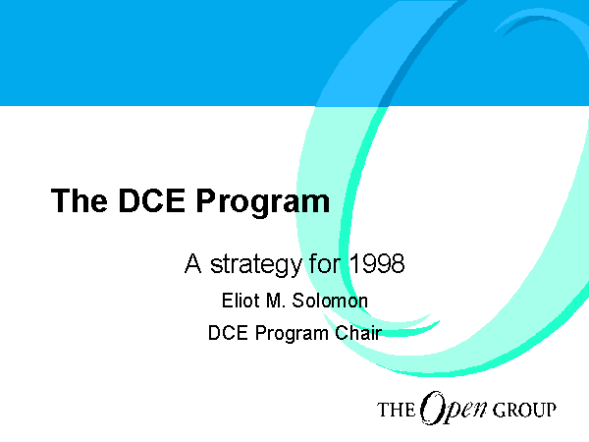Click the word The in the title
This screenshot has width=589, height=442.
pos(80,200)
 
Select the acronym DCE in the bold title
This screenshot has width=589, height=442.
pos(152,200)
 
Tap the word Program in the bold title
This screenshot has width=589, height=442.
pos(263,203)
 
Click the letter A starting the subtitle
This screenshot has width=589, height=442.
pos(192,263)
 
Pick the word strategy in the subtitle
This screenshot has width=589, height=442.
pos(255,265)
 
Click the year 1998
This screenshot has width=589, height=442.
pos(377,263)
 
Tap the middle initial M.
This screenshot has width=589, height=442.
pos(275,301)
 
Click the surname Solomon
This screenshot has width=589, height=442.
pos(330,301)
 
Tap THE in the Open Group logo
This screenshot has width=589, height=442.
pos(396,410)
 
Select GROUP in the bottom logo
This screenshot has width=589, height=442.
pos(524,410)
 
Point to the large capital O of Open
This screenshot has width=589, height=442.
pos(431,407)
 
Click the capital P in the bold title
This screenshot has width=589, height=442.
pos(205,200)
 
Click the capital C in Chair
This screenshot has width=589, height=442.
pos(341,333)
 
